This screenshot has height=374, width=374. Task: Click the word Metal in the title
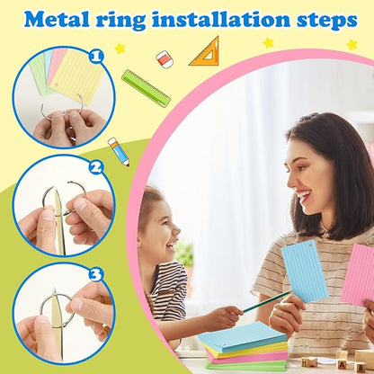(x=57, y=20)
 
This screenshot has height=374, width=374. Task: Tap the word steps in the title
(x=327, y=21)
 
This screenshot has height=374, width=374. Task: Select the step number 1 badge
(x=96, y=57)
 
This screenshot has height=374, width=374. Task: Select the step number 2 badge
(x=96, y=168)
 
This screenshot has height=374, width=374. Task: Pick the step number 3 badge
(x=96, y=274)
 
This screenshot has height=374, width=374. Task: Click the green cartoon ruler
(x=146, y=88)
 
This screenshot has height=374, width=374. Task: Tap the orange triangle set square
(x=205, y=51)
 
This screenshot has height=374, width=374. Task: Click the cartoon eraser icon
(x=165, y=59)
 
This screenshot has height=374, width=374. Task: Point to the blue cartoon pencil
(x=119, y=152)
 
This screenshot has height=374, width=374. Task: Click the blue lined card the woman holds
(x=305, y=271)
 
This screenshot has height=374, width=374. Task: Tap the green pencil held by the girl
(x=266, y=301)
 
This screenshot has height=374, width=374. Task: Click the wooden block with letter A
(x=342, y=364)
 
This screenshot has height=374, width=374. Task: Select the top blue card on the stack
(x=242, y=336)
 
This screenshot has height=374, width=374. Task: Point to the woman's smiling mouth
(x=303, y=196)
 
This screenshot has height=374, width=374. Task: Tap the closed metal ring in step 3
(x=57, y=310)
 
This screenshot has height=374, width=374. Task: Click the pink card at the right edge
(x=358, y=274)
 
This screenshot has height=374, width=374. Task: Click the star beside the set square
(x=268, y=43)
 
